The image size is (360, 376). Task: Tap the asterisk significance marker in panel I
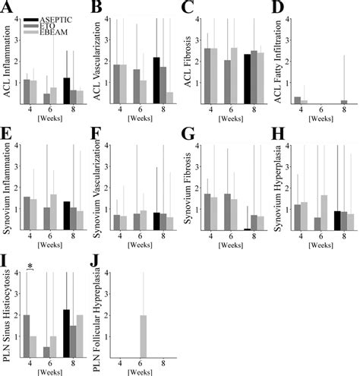(x=30, y=266)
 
